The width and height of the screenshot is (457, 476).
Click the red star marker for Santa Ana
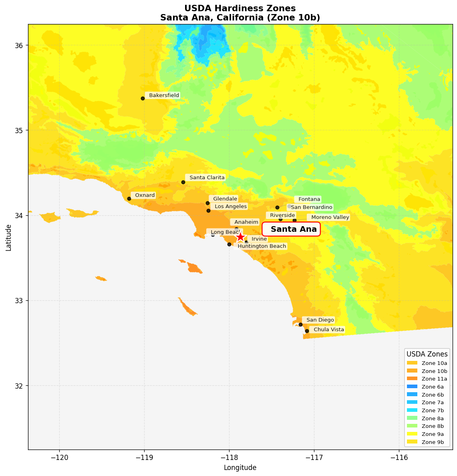[240, 237]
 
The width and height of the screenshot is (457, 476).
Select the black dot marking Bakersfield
[143, 98]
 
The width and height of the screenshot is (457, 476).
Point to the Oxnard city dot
[129, 199]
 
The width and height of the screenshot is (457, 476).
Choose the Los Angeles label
[230, 207]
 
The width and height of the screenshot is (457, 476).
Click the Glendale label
[225, 199]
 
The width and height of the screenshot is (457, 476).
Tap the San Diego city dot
[300, 324]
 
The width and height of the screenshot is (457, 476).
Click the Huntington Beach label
[262, 246]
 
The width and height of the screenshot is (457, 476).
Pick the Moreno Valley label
[330, 217]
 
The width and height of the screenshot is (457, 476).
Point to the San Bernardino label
[311, 207]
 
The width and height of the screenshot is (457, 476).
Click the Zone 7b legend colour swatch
[412, 410]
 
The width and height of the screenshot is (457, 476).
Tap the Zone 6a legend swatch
[412, 387]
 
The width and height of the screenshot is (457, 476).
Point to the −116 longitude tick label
[399, 457]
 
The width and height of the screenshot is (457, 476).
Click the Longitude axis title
[240, 468]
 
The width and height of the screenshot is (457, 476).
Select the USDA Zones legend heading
[427, 354]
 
